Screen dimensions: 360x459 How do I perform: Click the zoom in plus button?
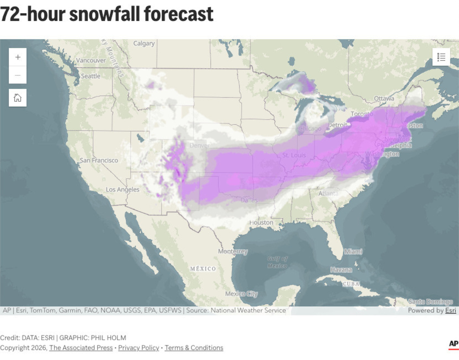coord(17,57)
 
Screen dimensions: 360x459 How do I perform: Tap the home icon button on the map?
coord(17,98)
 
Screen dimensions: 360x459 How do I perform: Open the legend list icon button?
coord(441,57)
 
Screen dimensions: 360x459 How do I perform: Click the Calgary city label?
coord(144,43)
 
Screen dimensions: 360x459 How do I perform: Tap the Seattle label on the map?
coord(91,76)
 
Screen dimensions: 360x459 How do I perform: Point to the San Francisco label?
coord(99,160)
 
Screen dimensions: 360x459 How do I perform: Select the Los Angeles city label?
coord(122,190)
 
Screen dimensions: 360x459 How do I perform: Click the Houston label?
coord(261,222)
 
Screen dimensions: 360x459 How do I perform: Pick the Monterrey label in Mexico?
coord(233,252)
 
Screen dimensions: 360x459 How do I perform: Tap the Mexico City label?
coord(241,294)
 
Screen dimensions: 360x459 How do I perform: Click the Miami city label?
coord(353,252)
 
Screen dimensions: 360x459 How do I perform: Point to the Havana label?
coord(341,270)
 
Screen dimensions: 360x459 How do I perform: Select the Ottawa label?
coord(384,98)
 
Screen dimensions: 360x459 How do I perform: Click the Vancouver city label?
coord(91,60)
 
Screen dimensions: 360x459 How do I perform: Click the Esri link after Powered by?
coord(450,310)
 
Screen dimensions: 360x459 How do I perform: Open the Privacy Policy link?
coord(139,348)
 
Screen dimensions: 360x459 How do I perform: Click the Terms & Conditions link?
coord(194,348)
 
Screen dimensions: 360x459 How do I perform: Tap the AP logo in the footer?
coord(453,344)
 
